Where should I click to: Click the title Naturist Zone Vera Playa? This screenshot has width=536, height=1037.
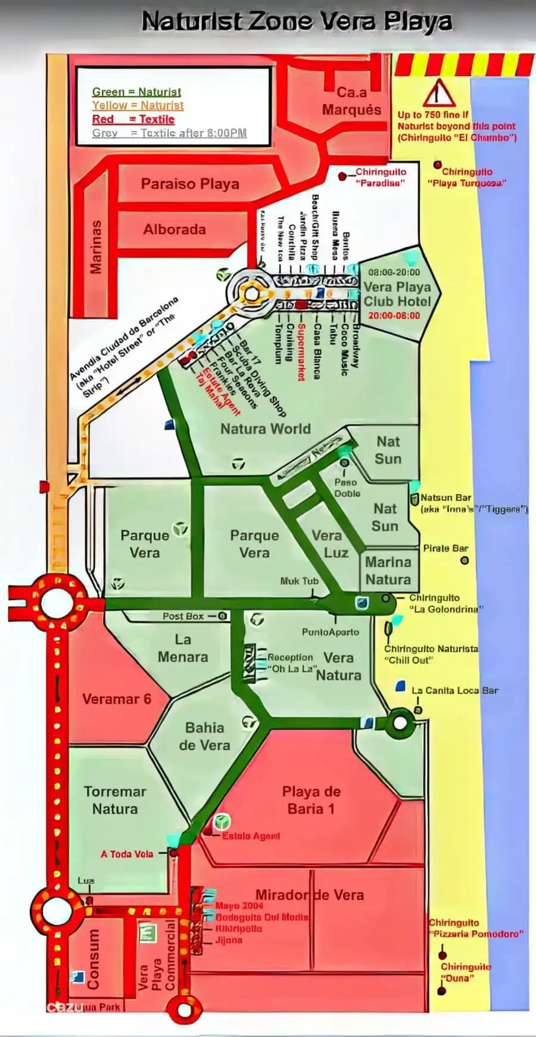click(297, 22)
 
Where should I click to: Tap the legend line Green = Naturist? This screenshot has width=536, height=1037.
click(136, 92)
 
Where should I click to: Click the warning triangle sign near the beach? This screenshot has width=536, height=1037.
click(439, 94)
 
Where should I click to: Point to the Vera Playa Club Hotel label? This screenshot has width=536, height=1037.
click(397, 294)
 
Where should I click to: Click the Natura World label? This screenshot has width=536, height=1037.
click(265, 429)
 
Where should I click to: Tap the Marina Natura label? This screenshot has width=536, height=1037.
click(388, 571)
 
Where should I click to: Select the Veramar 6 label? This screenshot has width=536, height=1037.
click(117, 699)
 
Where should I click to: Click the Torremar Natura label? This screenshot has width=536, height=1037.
click(115, 800)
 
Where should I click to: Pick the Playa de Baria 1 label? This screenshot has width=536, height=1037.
click(311, 800)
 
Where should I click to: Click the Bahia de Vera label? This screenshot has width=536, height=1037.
click(204, 736)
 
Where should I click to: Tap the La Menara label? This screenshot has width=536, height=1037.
click(183, 648)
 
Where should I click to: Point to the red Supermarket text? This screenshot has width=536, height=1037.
click(301, 351)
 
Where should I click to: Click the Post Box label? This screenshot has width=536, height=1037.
click(183, 616)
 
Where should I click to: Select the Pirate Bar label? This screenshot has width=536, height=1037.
click(445, 548)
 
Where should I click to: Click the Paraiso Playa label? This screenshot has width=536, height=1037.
click(190, 184)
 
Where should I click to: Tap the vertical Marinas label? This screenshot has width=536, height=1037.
click(95, 247)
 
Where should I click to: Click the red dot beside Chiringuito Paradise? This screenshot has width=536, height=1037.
click(342, 176)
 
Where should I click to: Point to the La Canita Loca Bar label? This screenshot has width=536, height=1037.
click(454, 690)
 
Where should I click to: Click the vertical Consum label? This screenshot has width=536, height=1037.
click(93, 959)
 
